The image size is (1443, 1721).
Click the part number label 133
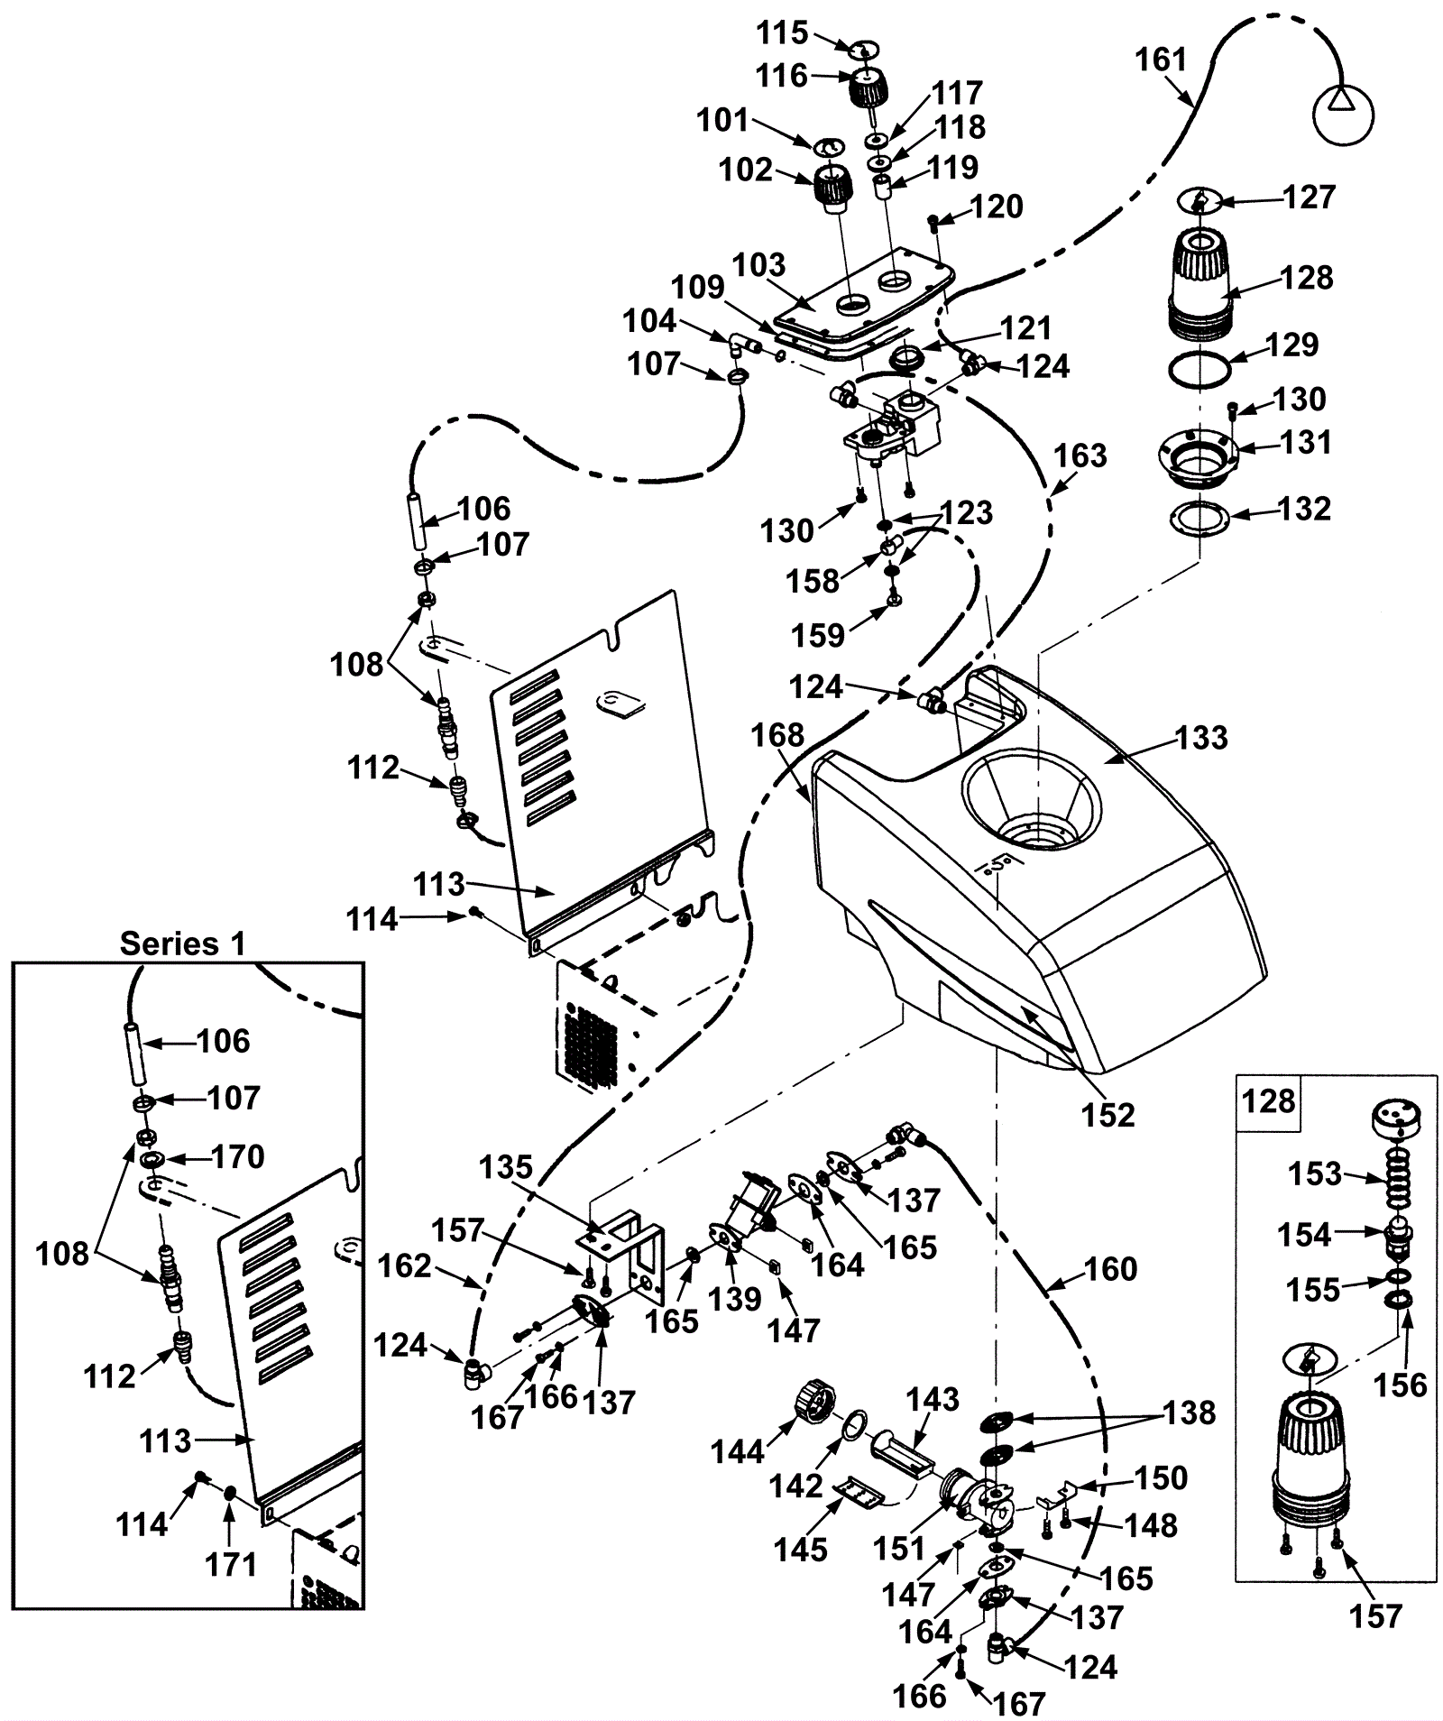click(1202, 738)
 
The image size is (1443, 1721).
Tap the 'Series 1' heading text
click(183, 943)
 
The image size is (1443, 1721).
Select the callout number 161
click(1162, 60)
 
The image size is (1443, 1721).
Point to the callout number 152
click(1108, 1115)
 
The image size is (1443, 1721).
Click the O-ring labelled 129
click(1199, 369)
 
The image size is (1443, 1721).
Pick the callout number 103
click(759, 265)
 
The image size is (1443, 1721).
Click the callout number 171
click(233, 1564)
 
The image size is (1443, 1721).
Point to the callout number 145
click(801, 1549)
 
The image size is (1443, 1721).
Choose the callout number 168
click(777, 735)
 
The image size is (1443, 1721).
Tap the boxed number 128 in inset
click(1269, 1101)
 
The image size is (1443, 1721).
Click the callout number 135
click(506, 1167)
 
